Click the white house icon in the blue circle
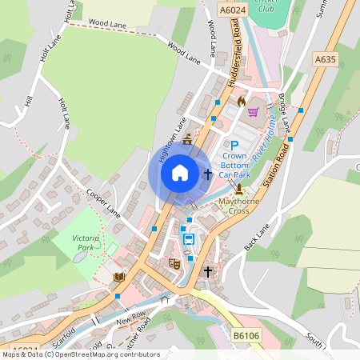click(180, 172)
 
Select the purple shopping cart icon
click(254, 112)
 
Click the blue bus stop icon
click(189, 239)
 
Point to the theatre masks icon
click(174, 262)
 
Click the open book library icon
click(119, 277)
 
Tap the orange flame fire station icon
click(241, 102)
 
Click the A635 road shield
click(325, 59)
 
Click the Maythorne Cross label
click(239, 206)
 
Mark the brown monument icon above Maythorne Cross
click(239, 189)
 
